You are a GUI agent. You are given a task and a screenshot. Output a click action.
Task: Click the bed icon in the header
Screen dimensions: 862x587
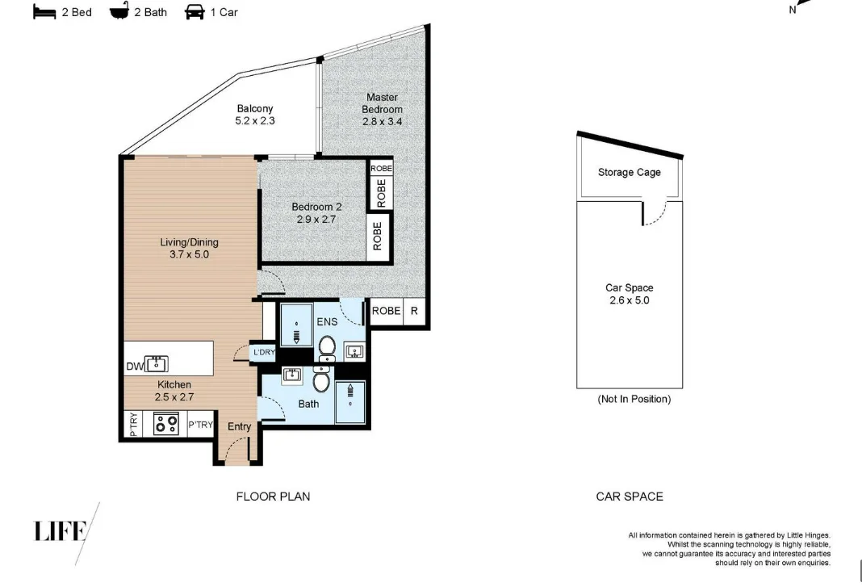click(x=44, y=12)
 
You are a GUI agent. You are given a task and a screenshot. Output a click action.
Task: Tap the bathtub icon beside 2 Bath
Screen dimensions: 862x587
click(x=119, y=11)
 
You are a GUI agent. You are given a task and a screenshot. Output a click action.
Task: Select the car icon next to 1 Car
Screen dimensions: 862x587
click(x=195, y=11)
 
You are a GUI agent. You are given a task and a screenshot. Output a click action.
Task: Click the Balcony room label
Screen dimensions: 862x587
click(x=255, y=108)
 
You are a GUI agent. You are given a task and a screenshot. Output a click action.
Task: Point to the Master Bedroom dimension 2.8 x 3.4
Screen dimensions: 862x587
click(x=382, y=122)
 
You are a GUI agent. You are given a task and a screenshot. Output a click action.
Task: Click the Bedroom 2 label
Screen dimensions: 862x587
click(x=316, y=207)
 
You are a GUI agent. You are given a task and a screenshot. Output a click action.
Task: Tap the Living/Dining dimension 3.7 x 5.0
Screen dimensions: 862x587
click(x=189, y=254)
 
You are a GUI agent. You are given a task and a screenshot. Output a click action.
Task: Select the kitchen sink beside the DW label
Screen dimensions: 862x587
click(x=157, y=363)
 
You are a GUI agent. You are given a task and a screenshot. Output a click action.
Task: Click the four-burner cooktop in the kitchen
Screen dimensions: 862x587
click(x=165, y=424)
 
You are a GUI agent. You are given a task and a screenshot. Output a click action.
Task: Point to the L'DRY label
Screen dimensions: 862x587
click(x=265, y=352)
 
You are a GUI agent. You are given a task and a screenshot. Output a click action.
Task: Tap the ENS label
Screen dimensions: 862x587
click(x=327, y=322)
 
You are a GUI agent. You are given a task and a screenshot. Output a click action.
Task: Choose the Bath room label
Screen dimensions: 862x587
click(x=308, y=404)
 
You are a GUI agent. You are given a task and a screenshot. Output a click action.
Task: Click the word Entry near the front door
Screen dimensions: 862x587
click(x=239, y=426)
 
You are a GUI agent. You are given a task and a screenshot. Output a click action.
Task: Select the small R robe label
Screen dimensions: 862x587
click(x=414, y=311)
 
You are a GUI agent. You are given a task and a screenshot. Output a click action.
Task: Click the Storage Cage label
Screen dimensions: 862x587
click(x=630, y=172)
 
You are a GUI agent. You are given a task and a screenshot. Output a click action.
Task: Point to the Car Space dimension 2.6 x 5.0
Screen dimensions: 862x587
click(x=630, y=300)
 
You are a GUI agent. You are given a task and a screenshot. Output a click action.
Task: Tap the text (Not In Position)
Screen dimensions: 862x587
click(x=634, y=399)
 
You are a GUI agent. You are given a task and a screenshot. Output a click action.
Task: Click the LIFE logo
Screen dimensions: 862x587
click(x=61, y=531)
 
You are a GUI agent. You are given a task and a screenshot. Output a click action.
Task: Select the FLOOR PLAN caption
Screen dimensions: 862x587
click(x=274, y=497)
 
